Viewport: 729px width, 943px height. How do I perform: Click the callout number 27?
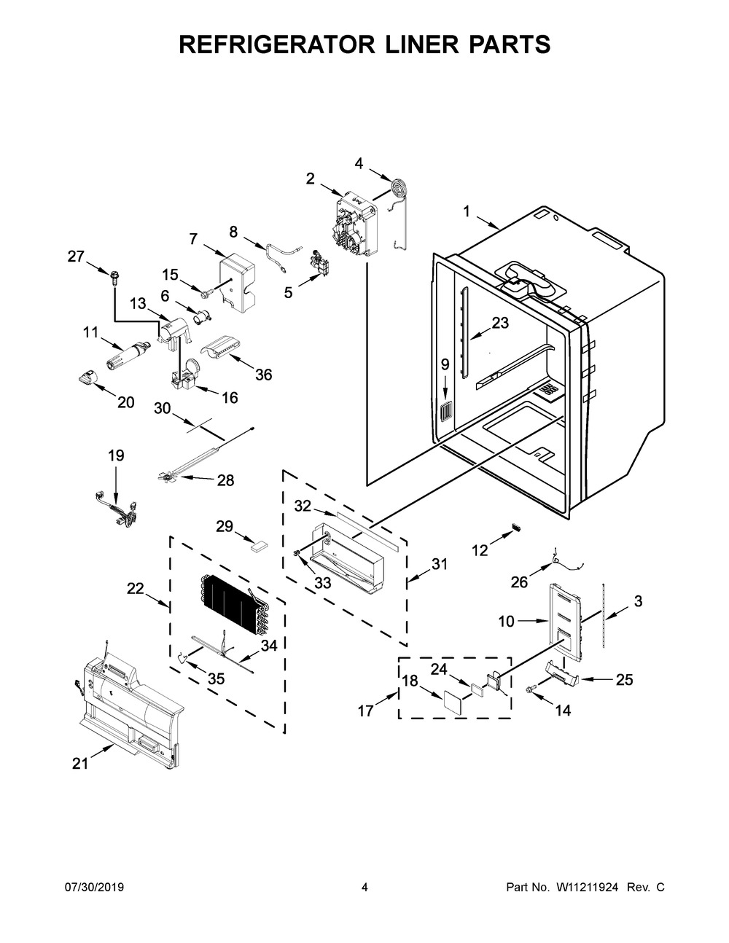coord(76,257)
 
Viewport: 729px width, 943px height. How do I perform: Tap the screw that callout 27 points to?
coord(115,278)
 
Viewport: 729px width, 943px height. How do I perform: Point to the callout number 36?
coord(263,374)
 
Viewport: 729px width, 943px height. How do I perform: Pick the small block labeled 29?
coord(260,547)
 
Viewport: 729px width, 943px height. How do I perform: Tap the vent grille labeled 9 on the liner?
coord(446,412)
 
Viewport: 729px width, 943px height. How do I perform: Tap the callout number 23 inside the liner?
coord(500,323)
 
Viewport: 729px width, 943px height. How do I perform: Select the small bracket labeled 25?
coord(562,674)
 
